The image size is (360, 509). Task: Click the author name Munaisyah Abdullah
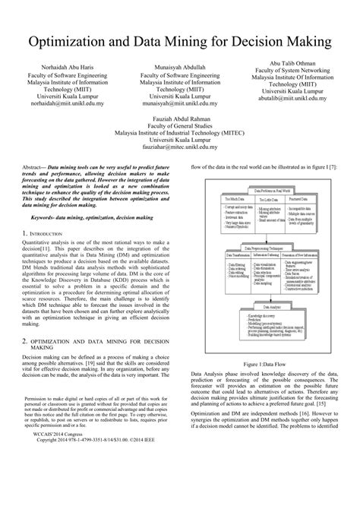coord(179,67)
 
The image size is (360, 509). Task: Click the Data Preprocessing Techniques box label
coord(268,248)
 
